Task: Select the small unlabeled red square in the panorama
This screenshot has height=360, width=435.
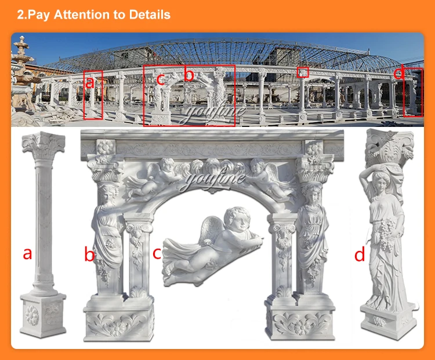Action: coord(303,72)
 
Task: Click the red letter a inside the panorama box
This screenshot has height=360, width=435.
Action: coord(89,83)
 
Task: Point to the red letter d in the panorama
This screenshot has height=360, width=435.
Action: coord(398,74)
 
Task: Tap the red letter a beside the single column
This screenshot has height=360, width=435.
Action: coord(27,253)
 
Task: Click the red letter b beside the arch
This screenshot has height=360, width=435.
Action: coord(89,254)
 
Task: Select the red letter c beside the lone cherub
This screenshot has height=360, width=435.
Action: coord(157,253)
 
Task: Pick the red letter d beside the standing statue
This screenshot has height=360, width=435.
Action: coord(360,254)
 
